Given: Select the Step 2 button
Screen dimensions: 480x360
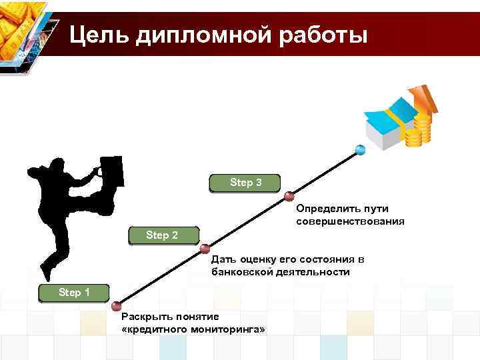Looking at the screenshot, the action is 162,235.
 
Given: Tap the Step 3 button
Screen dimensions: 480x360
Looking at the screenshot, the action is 245,183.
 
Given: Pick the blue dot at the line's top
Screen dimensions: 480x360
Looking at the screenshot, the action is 361,149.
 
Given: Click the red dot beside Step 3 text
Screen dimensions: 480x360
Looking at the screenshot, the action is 289,196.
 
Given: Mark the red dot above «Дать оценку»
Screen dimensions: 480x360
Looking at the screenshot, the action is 205,249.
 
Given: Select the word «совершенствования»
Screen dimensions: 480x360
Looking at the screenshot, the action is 350,221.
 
